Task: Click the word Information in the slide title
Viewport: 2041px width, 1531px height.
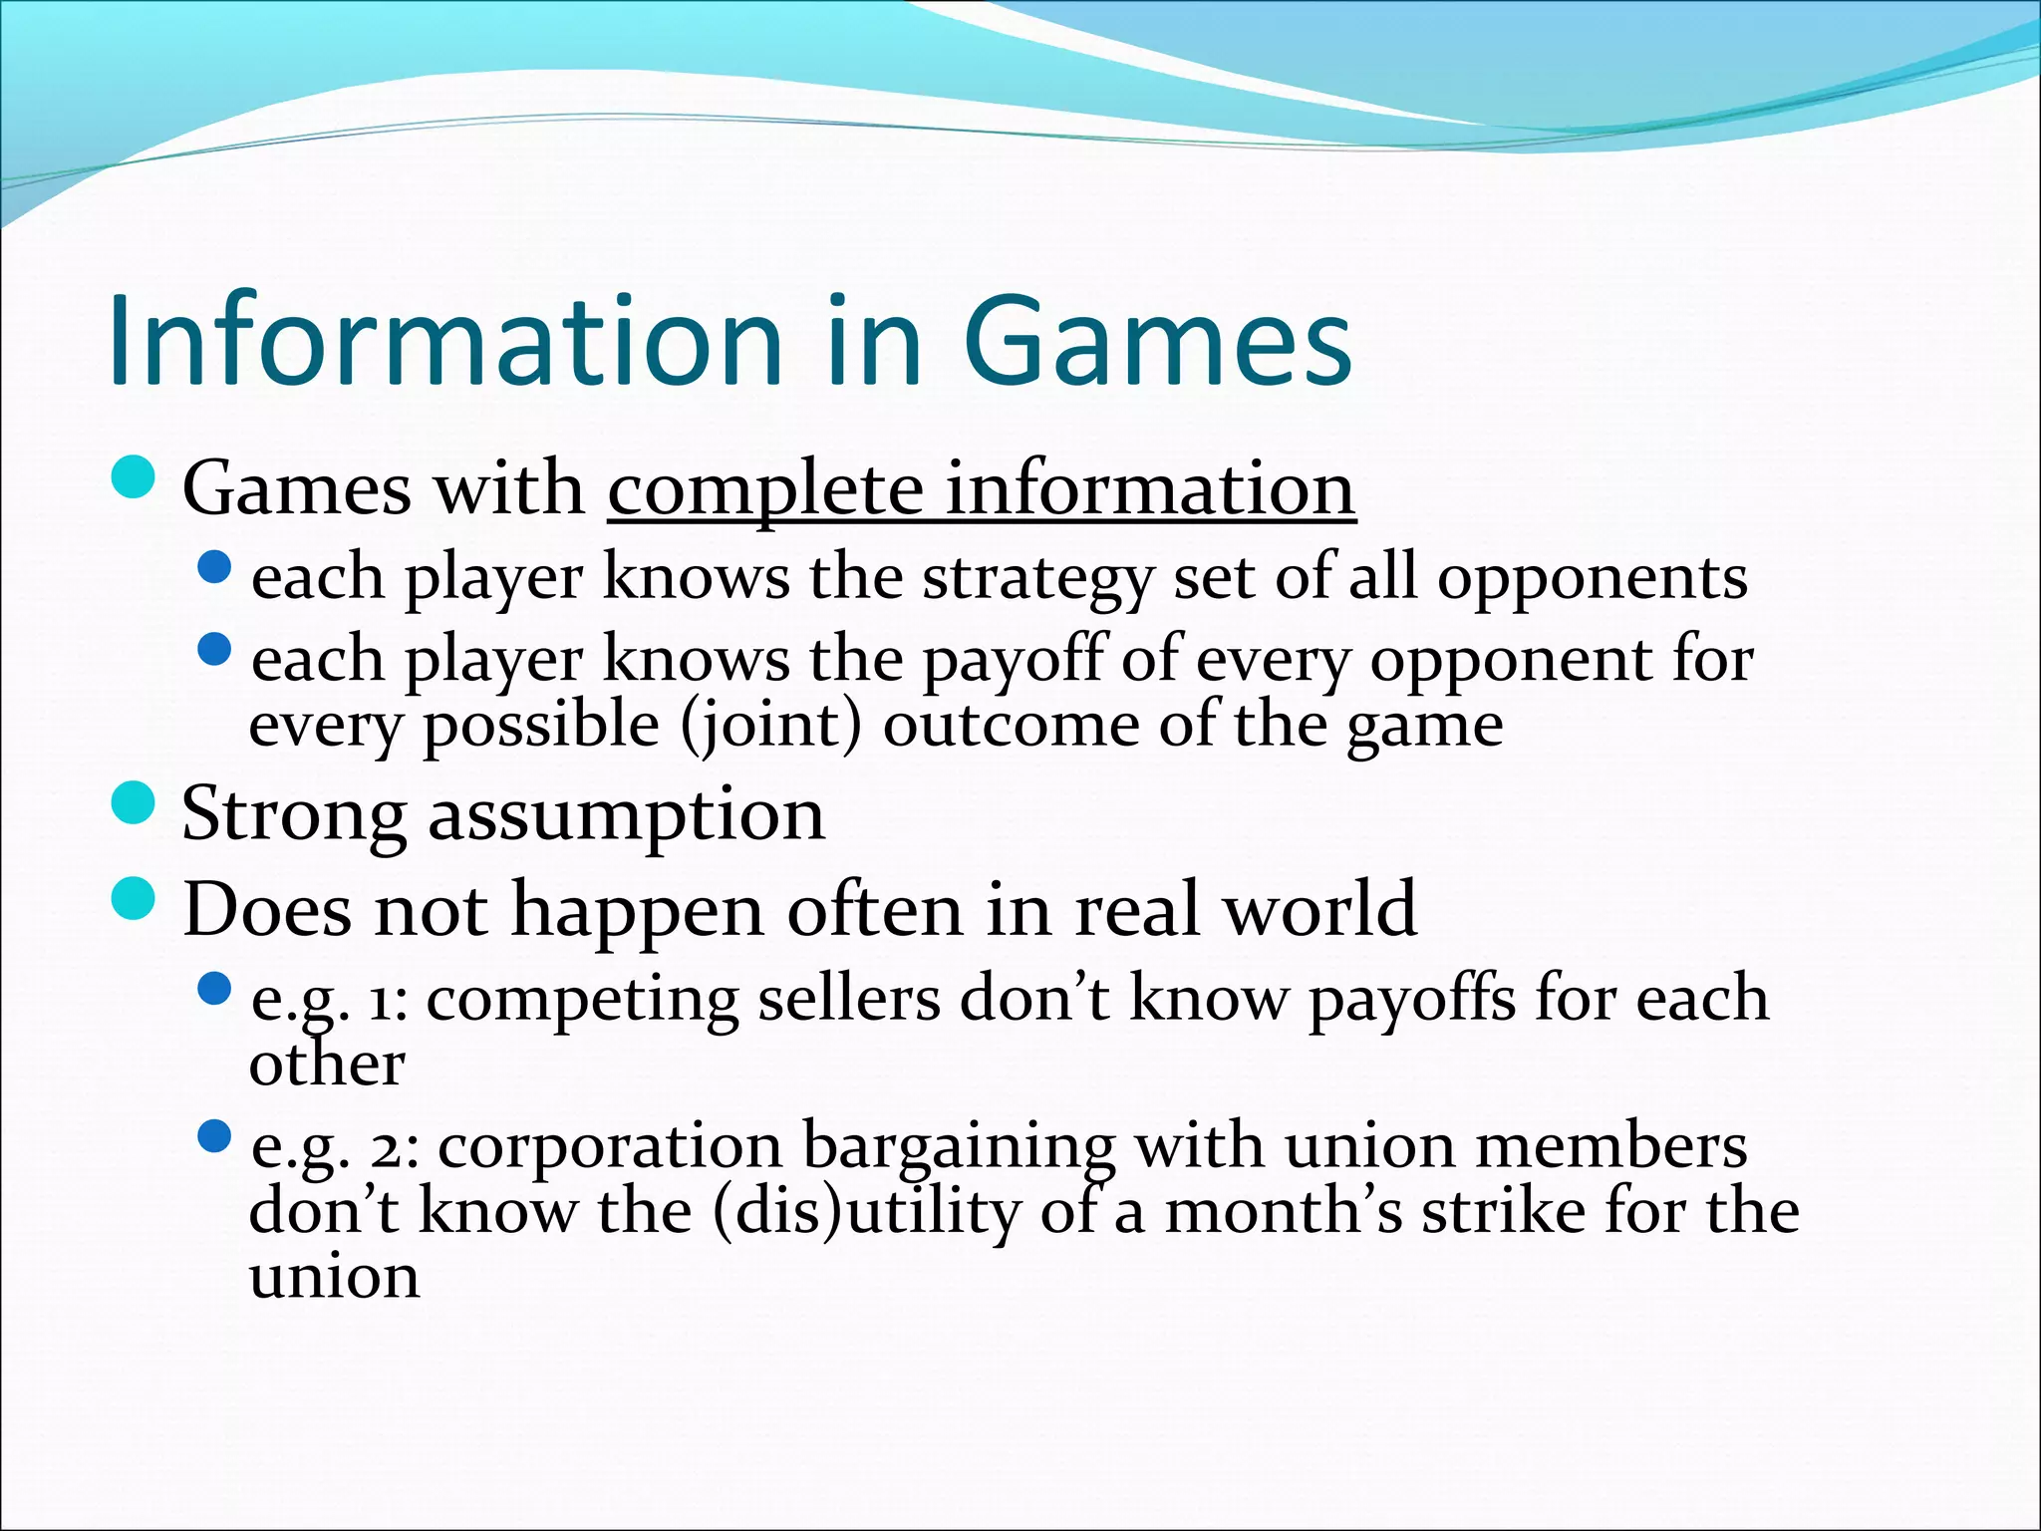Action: (444, 341)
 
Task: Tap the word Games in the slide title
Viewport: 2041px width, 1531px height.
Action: (1156, 341)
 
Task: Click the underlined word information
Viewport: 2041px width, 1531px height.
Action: (1150, 489)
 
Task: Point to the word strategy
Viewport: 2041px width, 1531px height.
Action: (1036, 579)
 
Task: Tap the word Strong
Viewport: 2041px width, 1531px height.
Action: (293, 815)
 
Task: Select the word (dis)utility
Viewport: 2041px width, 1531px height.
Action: (867, 1212)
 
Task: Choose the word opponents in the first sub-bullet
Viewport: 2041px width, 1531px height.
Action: (1592, 579)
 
